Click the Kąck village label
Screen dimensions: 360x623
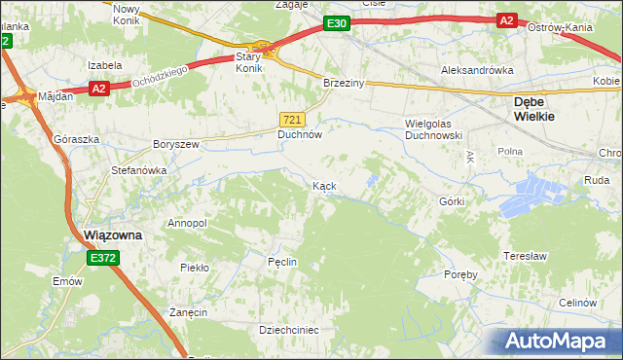coord(324,185)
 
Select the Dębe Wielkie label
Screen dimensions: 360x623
coord(534,108)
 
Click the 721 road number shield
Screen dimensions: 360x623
coord(293,119)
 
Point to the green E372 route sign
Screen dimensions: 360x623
coord(102,258)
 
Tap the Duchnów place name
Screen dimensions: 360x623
coord(299,136)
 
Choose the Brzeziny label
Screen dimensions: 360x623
coord(344,84)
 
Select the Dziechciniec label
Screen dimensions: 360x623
coord(289,330)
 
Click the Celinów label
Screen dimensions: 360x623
coord(577,303)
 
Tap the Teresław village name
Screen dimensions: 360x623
coord(521,256)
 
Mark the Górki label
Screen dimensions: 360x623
coord(453,201)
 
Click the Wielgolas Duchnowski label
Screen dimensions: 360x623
coord(433,130)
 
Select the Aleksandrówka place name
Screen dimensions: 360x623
coord(477,71)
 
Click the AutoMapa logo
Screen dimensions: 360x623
coord(557,341)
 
